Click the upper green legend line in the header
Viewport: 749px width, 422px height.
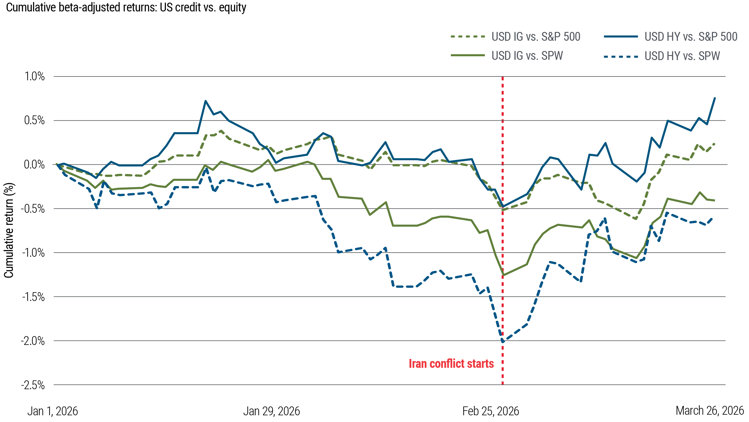click(471, 37)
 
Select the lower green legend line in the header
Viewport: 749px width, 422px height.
click(471, 55)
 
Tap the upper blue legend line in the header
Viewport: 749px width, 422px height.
click(624, 37)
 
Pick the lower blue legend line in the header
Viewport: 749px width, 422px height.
click(624, 56)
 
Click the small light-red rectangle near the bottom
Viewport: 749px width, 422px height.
click(455, 363)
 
